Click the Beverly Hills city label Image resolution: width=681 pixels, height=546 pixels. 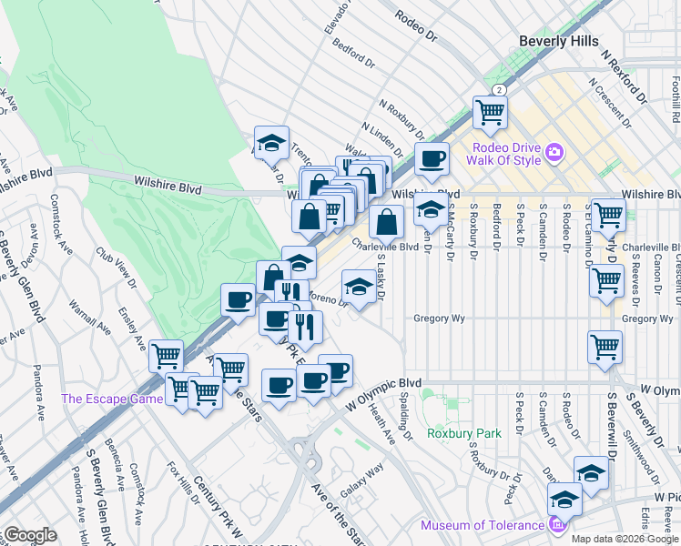[559, 41]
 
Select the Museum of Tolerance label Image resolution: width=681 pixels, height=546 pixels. [483, 525]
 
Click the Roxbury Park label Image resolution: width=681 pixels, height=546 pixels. [464, 433]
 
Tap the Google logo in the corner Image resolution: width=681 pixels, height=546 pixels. [29, 535]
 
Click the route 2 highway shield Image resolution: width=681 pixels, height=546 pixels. [499, 89]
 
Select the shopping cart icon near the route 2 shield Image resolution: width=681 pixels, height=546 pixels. [490, 113]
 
